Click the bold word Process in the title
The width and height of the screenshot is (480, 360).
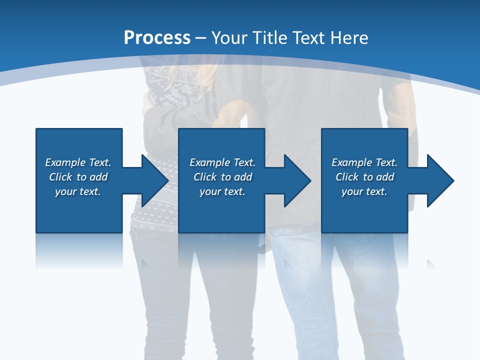[x=157, y=38]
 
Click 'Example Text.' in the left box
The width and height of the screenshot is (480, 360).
[x=78, y=162]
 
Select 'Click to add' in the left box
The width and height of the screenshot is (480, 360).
[x=78, y=177]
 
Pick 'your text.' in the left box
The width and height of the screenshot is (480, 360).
[x=78, y=191]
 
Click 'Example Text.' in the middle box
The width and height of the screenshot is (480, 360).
[x=222, y=162]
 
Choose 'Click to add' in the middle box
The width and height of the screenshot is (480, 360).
[x=222, y=177]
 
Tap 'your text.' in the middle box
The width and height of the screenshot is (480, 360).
[x=222, y=191]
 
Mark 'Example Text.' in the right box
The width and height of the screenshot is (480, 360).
[x=364, y=162]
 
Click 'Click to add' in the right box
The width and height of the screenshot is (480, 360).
[x=364, y=177]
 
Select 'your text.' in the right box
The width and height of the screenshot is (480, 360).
[x=364, y=191]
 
